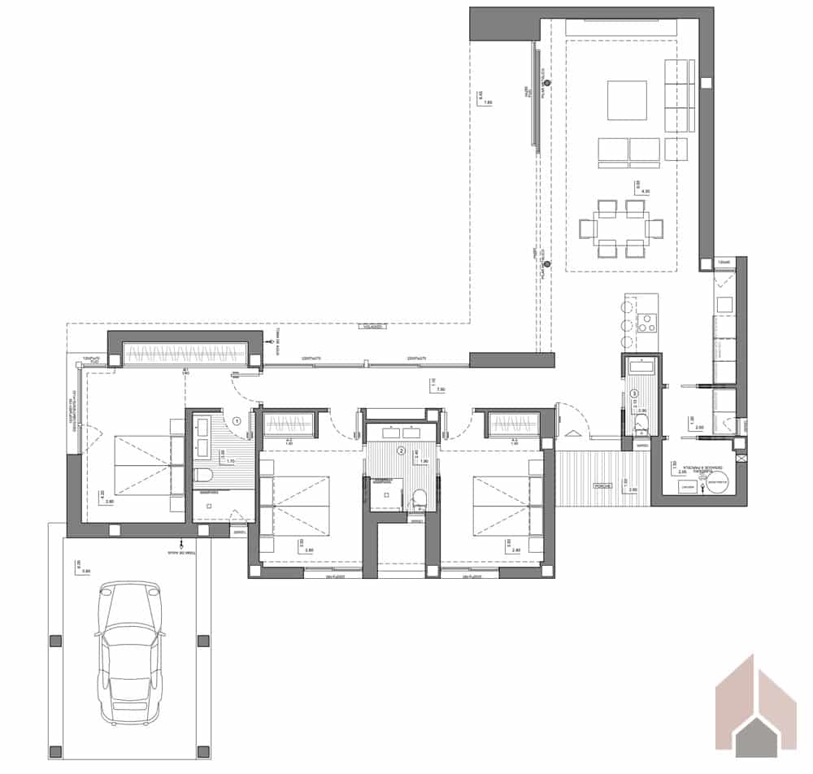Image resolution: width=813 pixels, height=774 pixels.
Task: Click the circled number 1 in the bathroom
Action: [237, 421]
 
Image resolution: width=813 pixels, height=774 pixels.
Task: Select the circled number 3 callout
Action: [635, 394]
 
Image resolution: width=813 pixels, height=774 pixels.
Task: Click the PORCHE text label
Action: [602, 485]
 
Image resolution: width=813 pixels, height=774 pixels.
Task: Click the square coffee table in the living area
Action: [627, 100]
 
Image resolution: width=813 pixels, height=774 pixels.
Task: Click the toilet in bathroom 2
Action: [420, 498]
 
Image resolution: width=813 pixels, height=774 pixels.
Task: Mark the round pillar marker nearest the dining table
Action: [547, 264]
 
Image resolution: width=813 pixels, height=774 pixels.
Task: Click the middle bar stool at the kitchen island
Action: [625, 324]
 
